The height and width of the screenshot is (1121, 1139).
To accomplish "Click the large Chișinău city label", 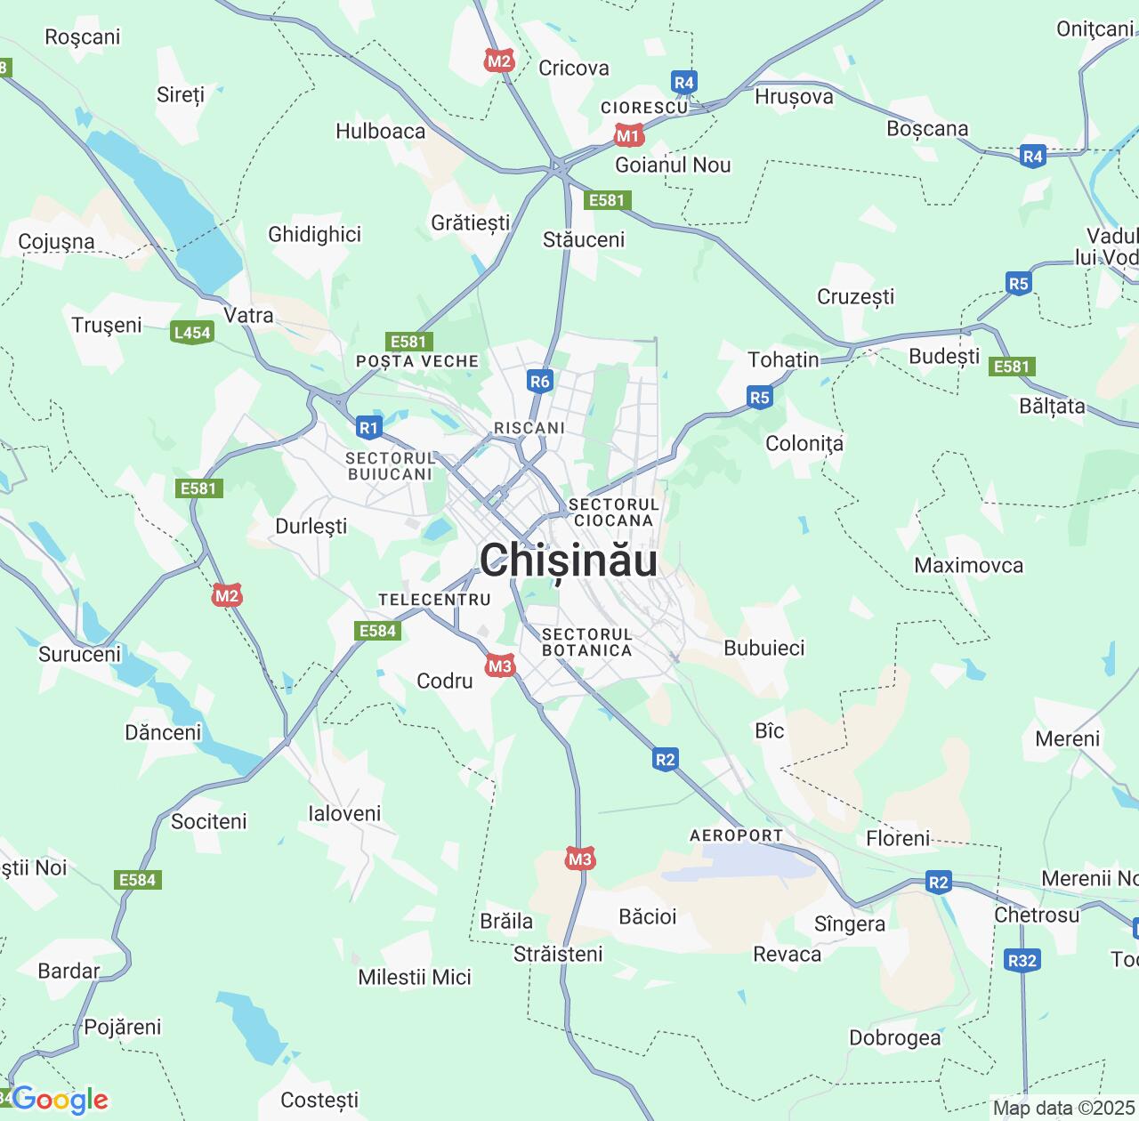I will [x=569, y=560].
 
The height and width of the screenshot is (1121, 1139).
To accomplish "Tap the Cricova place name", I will [x=574, y=69].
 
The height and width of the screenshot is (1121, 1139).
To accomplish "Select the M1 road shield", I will [x=628, y=136].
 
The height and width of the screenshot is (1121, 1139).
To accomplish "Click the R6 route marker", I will [x=540, y=382].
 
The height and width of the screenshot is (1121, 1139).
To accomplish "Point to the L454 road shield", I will [x=192, y=333].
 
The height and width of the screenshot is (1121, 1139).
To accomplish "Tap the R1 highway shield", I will [x=368, y=428].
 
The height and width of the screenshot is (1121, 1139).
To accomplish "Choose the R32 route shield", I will [x=1022, y=960].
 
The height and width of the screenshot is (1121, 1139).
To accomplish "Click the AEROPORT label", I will [x=737, y=835].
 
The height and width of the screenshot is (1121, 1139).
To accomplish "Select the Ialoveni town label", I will [x=344, y=813].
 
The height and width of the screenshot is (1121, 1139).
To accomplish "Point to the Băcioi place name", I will [x=648, y=916].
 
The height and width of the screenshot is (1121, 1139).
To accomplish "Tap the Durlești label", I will [x=311, y=526].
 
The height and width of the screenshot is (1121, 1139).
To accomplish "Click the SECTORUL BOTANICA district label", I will [x=587, y=642].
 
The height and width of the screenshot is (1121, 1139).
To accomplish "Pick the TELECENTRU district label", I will [x=435, y=600].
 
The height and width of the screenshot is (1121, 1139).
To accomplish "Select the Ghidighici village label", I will [x=315, y=234].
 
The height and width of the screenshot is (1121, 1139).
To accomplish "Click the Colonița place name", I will [x=804, y=443].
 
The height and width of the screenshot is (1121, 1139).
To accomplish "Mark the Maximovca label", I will [x=969, y=565].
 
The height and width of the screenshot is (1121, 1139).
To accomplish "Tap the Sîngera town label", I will [x=850, y=924].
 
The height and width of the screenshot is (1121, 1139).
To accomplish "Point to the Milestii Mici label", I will [x=415, y=977].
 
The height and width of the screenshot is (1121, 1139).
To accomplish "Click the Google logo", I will [x=61, y=1100].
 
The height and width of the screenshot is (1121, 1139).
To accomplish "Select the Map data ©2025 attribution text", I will [x=1063, y=1108].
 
